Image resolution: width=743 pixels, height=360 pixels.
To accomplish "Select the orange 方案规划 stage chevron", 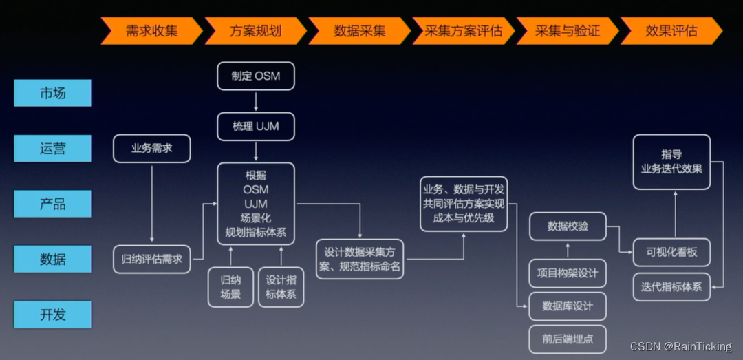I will [255, 31].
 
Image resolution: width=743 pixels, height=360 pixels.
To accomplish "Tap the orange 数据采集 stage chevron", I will [359, 31].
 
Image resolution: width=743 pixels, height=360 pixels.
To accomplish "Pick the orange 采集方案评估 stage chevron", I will [463, 31].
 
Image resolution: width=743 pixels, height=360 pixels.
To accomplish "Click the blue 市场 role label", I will [53, 93].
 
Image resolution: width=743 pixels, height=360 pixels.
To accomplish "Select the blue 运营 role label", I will [53, 148].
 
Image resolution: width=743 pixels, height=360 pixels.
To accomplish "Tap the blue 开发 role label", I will [53, 315].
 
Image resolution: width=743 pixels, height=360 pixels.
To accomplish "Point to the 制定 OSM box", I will [256, 76].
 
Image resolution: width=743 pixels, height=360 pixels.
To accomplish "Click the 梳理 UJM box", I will [256, 127].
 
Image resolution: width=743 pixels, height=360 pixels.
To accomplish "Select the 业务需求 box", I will [151, 148].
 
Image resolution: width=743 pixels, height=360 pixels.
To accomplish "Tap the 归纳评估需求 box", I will [151, 259].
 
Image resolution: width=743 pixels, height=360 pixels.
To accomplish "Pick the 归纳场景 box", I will [230, 286].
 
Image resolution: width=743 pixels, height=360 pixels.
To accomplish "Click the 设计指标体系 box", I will [281, 286].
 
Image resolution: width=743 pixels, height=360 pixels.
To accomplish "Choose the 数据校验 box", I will [568, 226].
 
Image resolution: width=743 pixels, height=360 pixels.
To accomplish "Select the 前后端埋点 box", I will [568, 339].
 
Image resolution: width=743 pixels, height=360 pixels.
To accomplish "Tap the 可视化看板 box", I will [671, 252].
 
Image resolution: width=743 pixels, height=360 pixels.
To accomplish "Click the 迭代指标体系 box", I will [671, 286].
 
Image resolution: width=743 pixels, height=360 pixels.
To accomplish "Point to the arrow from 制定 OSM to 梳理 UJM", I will [256, 101].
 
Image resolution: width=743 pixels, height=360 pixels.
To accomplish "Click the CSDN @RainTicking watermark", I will [681, 346].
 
